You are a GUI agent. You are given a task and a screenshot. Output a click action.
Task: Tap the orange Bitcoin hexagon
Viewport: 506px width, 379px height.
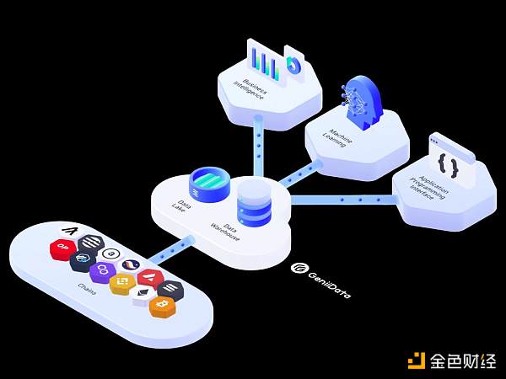[163, 307]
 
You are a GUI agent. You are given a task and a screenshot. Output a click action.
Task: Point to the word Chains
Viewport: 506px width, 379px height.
[87, 291]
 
